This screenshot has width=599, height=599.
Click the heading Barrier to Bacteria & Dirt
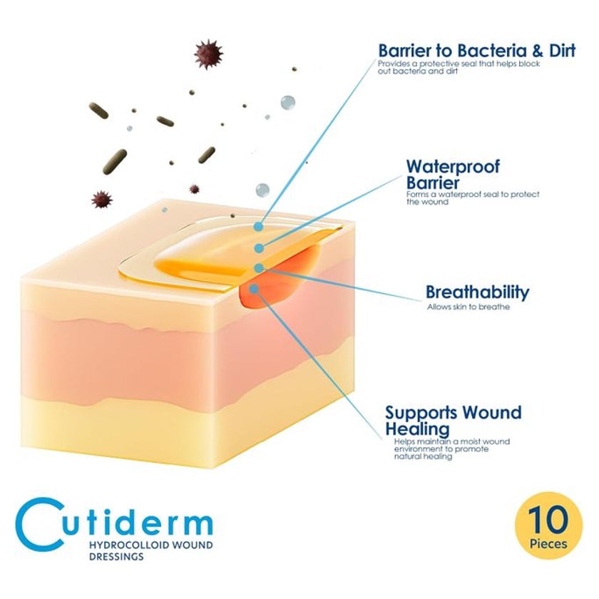click(477, 51)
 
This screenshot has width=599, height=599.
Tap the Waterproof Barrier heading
click(453, 175)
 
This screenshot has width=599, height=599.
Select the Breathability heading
click(478, 292)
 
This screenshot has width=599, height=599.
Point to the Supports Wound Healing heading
click(453, 421)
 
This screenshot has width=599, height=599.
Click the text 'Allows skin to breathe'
click(469, 307)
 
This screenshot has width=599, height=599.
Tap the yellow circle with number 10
click(548, 526)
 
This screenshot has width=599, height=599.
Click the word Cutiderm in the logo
click(114, 524)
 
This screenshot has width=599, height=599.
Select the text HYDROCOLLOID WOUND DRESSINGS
click(151, 550)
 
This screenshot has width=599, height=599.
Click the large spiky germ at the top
click(208, 54)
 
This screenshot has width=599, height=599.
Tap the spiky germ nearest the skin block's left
click(102, 200)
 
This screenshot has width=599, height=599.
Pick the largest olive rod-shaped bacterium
click(114, 161)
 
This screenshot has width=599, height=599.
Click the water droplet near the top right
click(287, 103)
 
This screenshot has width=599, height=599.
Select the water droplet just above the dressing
click(262, 190)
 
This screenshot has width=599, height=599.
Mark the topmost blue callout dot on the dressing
click(259, 227)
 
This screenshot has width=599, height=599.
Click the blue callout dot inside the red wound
click(254, 289)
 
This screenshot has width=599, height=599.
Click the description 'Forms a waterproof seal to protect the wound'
click(473, 198)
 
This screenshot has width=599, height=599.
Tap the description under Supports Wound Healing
click(452, 449)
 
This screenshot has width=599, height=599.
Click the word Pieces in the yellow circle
click(548, 543)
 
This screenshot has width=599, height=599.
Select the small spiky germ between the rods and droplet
click(195, 189)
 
